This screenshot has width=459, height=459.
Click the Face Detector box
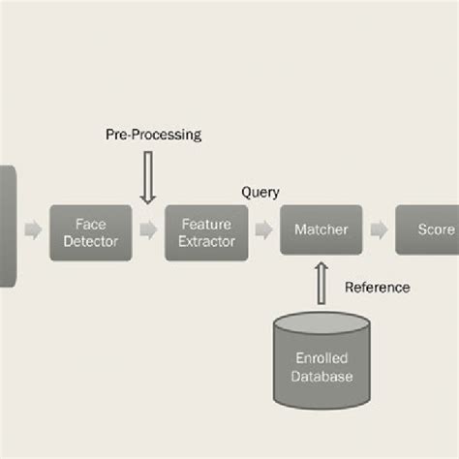(90, 231)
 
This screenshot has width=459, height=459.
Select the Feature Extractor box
(206, 231)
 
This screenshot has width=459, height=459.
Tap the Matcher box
(321, 230)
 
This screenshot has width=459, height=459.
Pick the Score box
(427, 230)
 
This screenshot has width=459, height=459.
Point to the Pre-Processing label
(153, 136)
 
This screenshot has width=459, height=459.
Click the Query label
(260, 192)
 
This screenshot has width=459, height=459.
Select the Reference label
(377, 287)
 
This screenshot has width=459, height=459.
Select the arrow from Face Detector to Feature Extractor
(147, 230)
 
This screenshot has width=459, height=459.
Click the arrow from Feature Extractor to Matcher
(263, 230)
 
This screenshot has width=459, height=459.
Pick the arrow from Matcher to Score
(379, 230)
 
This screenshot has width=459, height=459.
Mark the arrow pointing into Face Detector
(33, 230)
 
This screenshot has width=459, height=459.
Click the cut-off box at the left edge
(8, 225)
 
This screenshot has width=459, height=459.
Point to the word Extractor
(206, 241)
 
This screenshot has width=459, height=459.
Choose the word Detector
(90, 241)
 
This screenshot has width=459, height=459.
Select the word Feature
(206, 223)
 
